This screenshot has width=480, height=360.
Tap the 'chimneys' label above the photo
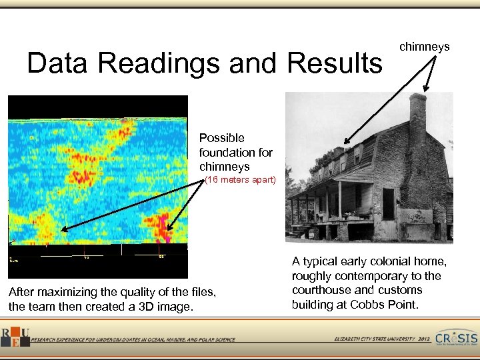click(x=424, y=47)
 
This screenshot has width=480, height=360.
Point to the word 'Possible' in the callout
click(x=221, y=138)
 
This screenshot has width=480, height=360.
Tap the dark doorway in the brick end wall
click(x=388, y=203)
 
